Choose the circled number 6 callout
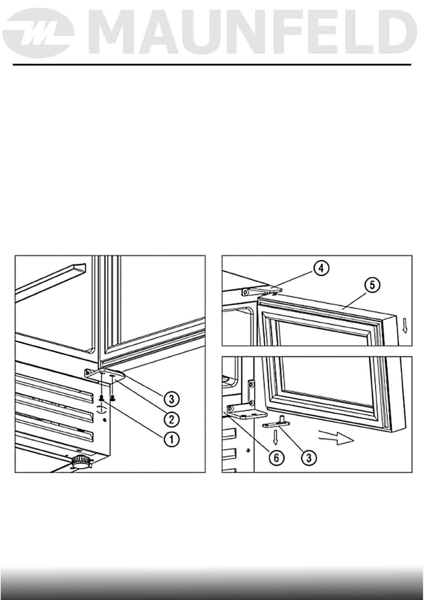coord(277,457)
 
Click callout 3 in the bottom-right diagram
coord(309,457)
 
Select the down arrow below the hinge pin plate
coord(275,437)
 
